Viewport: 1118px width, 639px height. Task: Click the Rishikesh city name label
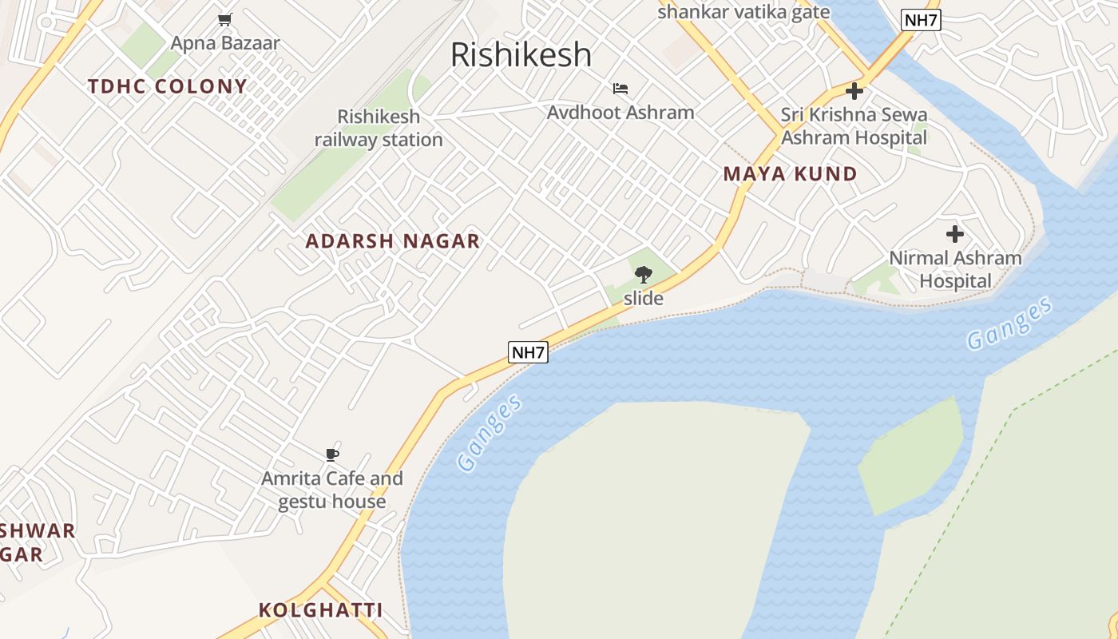pos(521,55)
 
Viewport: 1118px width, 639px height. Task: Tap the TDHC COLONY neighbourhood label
pos(168,86)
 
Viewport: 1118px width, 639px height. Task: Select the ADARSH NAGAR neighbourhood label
pos(393,241)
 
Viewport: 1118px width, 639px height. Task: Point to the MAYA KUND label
pos(790,174)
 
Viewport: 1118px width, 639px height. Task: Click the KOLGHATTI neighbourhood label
pos(320,610)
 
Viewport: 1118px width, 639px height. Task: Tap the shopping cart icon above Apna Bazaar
pos(225,19)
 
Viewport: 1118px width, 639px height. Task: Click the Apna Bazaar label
pos(225,43)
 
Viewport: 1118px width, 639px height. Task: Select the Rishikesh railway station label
pos(379,128)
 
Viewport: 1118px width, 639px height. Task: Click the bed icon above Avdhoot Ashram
pos(620,89)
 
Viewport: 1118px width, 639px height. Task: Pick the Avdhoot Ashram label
pos(620,113)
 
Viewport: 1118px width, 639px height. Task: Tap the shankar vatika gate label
pos(743,12)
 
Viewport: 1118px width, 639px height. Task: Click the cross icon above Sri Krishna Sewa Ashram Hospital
pos(854,91)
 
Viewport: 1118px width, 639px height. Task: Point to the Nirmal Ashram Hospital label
pos(955,269)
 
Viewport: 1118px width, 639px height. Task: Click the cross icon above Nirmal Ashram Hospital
pos(955,234)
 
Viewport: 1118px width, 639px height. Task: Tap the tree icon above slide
pos(644,275)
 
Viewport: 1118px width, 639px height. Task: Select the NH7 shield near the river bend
pos(529,351)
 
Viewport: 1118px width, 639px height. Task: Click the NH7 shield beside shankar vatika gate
pos(921,20)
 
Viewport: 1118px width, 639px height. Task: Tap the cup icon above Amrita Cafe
pos(332,454)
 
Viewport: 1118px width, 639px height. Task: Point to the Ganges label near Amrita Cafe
pos(490,432)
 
